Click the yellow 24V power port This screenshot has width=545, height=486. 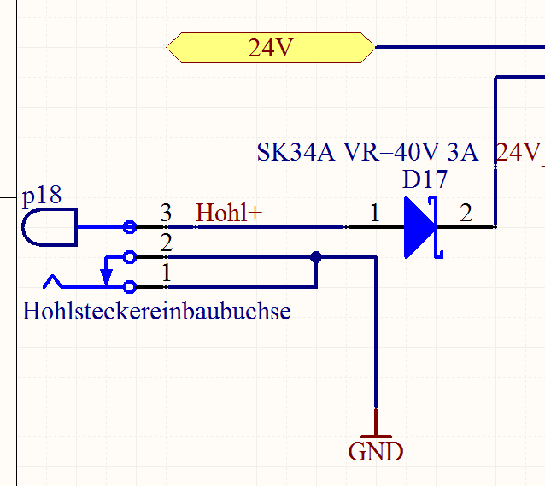click(x=271, y=48)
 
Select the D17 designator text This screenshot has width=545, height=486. click(x=425, y=180)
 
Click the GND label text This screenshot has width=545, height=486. click(x=375, y=451)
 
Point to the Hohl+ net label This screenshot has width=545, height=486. click(x=229, y=212)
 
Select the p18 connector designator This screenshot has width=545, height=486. click(x=42, y=196)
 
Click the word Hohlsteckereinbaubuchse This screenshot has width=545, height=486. click(x=156, y=310)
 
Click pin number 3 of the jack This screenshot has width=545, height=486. click(x=167, y=211)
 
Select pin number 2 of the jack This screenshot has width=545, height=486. click(x=167, y=243)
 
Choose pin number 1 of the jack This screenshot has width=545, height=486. click(x=167, y=274)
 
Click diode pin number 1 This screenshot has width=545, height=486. click(x=373, y=214)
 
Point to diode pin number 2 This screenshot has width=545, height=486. click(x=466, y=214)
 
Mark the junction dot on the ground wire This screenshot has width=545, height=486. click(x=316, y=256)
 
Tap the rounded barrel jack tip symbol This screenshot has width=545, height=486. click(x=48, y=227)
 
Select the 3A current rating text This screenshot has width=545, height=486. click(x=462, y=153)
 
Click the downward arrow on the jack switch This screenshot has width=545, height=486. click(x=106, y=275)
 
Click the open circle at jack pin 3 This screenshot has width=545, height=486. click(x=129, y=227)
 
